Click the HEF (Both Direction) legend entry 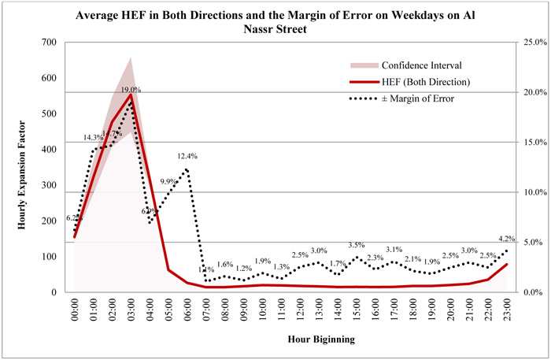423,82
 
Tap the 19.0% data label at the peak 131,90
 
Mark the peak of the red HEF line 131,95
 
